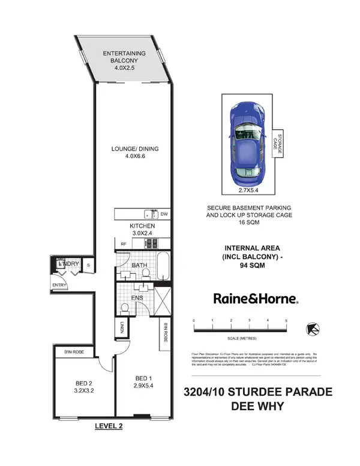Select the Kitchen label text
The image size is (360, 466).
tap(142, 226)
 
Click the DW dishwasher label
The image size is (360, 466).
tap(165, 213)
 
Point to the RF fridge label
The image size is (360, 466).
tap(123, 244)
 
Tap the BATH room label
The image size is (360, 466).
tap(139, 265)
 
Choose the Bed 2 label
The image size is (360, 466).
tap(84, 382)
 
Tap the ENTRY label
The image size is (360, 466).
tap(59, 285)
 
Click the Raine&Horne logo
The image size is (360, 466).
tap(256, 298)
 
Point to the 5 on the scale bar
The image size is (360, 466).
tap(287, 321)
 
